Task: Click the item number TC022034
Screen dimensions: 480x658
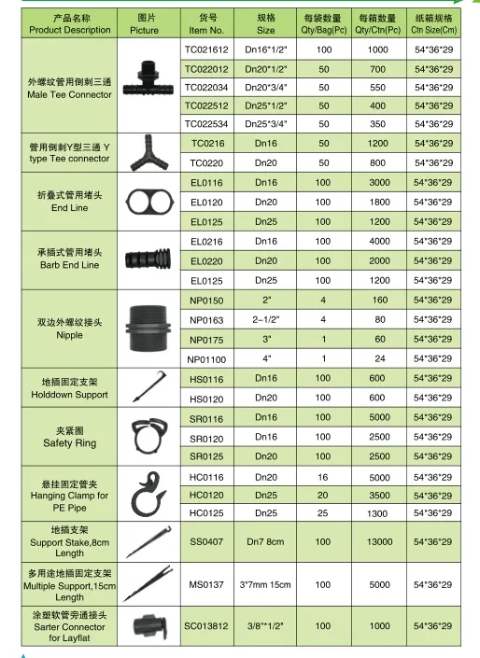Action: (x=206, y=87)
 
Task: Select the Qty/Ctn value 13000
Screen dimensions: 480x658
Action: (x=378, y=541)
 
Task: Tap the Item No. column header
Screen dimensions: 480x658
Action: (x=206, y=23)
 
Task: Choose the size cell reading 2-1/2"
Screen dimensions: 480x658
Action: (x=266, y=319)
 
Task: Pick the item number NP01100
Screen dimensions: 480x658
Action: (x=206, y=358)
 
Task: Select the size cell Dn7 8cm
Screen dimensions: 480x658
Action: (x=266, y=541)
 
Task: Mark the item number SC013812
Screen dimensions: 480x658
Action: (x=206, y=625)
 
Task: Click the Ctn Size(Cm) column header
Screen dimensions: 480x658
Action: (x=433, y=23)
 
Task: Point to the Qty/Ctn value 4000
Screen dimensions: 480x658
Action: (x=378, y=242)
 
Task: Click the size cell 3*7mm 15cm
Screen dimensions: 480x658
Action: (x=266, y=584)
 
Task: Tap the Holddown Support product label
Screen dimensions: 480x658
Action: (x=70, y=388)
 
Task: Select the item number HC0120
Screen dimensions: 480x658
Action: (x=206, y=496)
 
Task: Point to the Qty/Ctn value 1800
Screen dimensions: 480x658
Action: (x=378, y=202)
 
